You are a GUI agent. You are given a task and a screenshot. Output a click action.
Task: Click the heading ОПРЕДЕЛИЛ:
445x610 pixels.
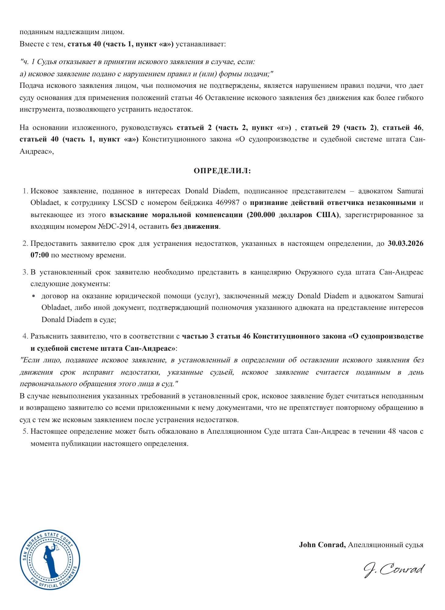[222, 171]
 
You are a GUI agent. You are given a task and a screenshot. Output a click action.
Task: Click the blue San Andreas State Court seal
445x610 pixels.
[50, 559]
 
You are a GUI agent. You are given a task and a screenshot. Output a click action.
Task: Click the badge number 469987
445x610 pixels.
[227, 203]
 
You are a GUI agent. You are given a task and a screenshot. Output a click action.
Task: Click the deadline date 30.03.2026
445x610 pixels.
[405, 243]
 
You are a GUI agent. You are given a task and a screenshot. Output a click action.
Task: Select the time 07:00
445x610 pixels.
[40, 255]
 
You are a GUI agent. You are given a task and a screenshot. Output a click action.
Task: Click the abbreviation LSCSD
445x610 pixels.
[125, 203]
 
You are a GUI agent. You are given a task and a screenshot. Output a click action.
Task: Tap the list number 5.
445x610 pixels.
[25, 431]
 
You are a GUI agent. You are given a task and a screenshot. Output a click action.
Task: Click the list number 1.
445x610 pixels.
[25, 191]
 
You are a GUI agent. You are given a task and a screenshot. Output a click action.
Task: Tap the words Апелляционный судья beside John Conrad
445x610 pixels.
[386, 544]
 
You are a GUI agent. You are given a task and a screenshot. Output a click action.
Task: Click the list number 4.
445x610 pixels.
[25, 336]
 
